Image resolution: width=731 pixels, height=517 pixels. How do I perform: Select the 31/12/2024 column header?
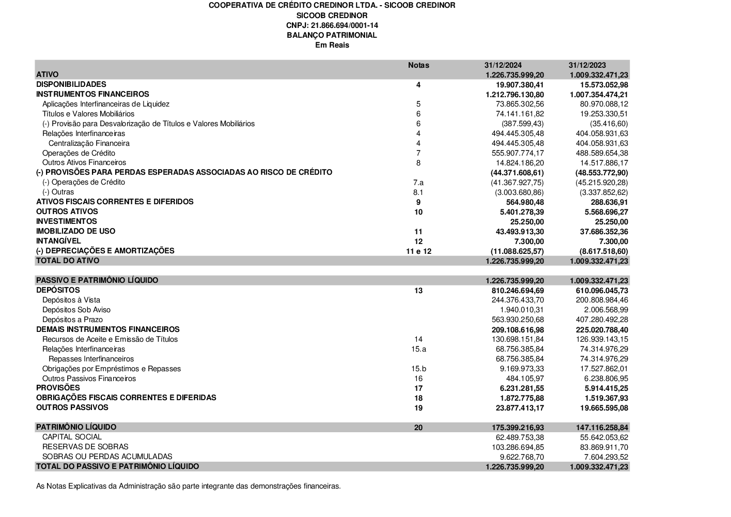pos(503,65)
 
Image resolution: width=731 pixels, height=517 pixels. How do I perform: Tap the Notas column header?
pos(418,65)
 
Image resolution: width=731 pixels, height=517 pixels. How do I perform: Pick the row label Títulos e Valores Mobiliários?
pos(88,114)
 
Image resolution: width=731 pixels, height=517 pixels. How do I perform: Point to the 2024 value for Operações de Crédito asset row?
pos(518,153)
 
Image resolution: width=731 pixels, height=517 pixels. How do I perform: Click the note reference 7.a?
pos(418,183)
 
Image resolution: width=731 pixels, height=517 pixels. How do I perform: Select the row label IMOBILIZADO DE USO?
pos(76,231)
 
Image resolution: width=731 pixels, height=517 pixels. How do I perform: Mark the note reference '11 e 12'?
pos(418,251)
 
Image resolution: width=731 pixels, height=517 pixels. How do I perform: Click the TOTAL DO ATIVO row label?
pos(68,261)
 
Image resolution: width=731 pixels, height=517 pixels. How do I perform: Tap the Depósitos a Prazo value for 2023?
pos(602,320)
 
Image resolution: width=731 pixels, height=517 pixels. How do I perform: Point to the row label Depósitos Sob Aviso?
pos(76,310)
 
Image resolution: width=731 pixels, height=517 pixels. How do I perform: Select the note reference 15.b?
pos(418,369)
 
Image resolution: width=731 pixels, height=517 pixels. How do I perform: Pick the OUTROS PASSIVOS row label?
pos(72,407)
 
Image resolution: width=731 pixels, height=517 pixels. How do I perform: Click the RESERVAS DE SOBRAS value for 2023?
pos(602,447)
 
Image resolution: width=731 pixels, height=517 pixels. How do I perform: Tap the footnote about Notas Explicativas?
pos(189,486)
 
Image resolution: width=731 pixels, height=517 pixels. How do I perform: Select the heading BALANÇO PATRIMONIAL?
pos(332,35)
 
